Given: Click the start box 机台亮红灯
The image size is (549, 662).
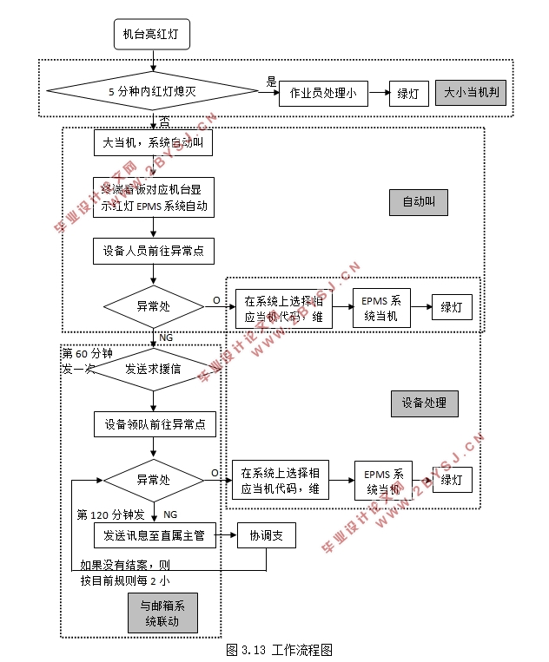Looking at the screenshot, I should coord(152,35).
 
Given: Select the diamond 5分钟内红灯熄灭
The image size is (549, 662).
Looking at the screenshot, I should coord(153,90).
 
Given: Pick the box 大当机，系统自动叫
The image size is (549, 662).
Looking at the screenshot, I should coord(153,142).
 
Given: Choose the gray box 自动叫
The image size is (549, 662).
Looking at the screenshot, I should coord(424,202).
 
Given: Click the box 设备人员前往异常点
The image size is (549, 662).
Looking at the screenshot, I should coord(153,251).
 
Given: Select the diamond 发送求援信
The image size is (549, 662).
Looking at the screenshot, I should coord(153,370).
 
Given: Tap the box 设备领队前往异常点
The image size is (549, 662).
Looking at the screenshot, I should coord(153,423).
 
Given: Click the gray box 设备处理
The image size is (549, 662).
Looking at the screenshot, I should coord(424,403).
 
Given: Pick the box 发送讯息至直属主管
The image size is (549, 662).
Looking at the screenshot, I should coord(153,535).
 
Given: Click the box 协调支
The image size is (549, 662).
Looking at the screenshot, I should coord(266,535).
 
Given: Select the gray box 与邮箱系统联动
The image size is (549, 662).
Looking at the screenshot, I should coord(162,613).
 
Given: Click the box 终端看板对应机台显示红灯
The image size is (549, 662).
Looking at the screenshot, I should coord(153,197).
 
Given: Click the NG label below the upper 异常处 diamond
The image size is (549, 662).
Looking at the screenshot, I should coord(167,337).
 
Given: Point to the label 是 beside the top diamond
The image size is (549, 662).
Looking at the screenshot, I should coord(271,82).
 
